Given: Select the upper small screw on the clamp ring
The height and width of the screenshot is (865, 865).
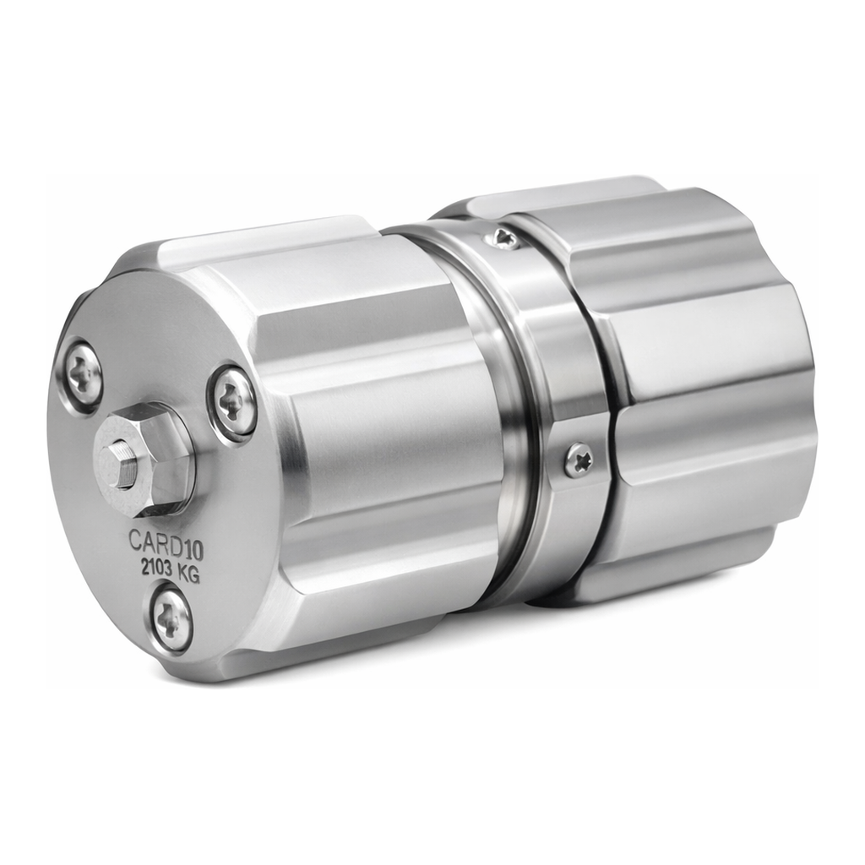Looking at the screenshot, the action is coord(504,238).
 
